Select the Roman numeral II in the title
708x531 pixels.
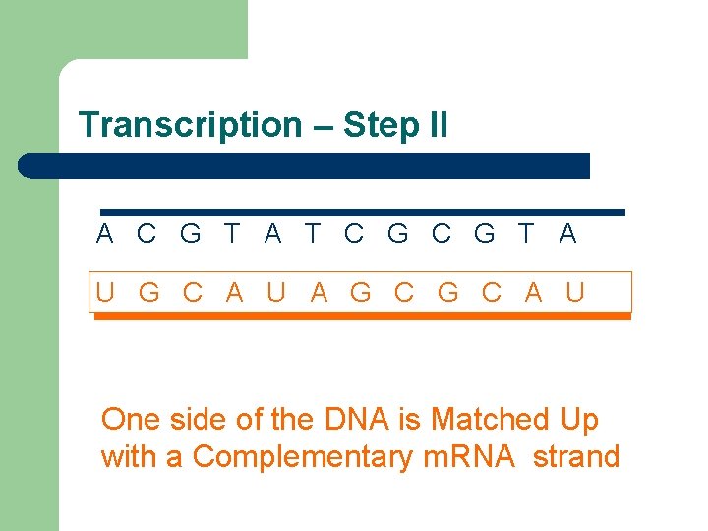[435, 125]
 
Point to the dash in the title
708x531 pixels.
[323, 126]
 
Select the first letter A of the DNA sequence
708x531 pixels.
[105, 234]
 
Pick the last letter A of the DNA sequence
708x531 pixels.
[567, 234]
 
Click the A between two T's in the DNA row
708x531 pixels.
[272, 234]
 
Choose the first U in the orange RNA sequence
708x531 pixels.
[105, 292]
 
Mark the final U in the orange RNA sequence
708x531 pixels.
[575, 292]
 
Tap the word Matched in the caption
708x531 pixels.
[490, 420]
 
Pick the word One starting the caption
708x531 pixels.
[131, 420]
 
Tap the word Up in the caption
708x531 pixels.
[579, 421]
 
